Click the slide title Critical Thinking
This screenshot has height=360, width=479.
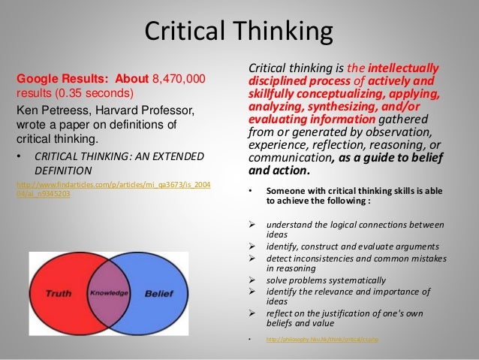(x=239, y=32)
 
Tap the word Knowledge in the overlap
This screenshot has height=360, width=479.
(x=109, y=292)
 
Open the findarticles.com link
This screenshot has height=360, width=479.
(x=113, y=189)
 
